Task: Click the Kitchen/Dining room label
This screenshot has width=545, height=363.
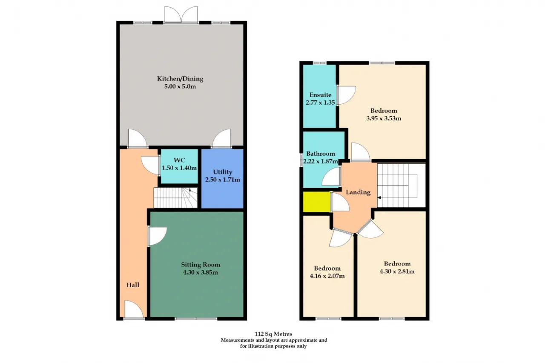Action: coord(180,79)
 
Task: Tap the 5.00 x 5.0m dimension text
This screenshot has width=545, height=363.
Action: coord(180,86)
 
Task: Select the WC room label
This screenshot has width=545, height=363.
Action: coord(179,160)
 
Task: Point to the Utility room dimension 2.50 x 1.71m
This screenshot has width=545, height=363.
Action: coord(223,180)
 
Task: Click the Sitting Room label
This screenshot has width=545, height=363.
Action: coord(201,265)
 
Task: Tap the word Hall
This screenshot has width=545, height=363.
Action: coord(133,285)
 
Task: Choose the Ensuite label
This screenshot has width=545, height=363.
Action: coord(321,95)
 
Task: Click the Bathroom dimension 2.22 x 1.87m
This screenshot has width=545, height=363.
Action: coord(321,161)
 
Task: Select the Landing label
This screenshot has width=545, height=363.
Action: coord(358,192)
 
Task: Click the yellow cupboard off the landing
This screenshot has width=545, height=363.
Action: coord(316,202)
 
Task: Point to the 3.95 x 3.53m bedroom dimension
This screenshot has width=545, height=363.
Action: coord(384,118)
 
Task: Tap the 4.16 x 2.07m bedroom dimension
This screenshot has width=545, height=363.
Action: coord(327,276)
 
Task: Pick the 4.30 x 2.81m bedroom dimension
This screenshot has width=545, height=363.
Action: coord(397,272)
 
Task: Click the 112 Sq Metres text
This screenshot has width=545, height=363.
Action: coord(273,334)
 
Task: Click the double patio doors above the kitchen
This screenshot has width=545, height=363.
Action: coord(181,14)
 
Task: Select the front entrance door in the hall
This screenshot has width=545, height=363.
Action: coord(134,309)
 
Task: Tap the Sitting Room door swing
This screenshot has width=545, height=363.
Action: coord(157,236)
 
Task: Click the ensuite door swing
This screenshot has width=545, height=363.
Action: coord(347,95)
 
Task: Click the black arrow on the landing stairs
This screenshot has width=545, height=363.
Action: coord(379,197)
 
